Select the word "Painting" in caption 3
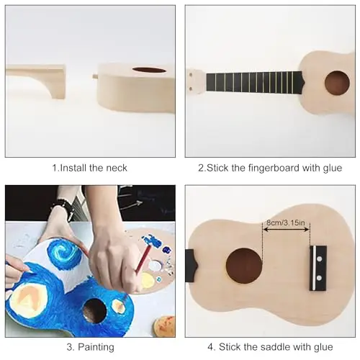pos(96,347)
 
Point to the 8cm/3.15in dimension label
pos(286,222)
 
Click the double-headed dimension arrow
pos(286,230)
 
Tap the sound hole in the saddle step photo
pos(244,266)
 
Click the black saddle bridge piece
pos(318,268)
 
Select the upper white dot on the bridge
pos(319,259)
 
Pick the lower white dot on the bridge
pos(319,278)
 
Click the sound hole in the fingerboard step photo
pos(337,83)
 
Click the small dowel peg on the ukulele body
pos(96,76)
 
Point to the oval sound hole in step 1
pos(149,70)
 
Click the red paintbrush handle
pos(143,258)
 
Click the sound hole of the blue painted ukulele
pos(94,311)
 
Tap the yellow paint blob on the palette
pos(146,281)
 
